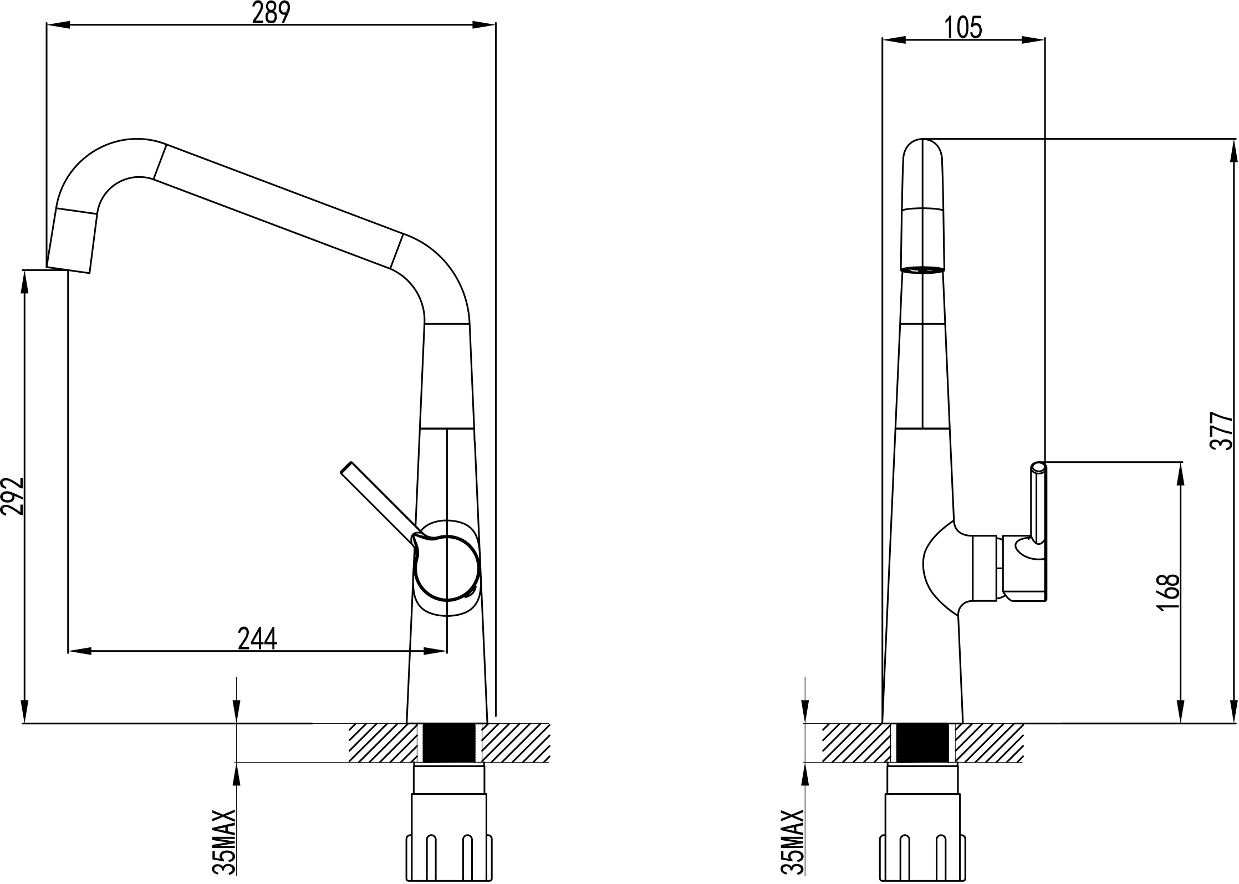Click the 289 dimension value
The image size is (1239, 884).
[271, 13]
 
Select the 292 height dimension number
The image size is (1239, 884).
[12, 496]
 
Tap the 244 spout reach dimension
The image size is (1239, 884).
[257, 638]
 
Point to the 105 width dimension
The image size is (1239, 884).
[963, 28]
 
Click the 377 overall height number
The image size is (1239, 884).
[1222, 431]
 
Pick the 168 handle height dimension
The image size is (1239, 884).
[1168, 592]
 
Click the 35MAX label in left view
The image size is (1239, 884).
[225, 842]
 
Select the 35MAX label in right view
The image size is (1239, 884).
[792, 842]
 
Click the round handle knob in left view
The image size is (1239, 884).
[446, 569]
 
